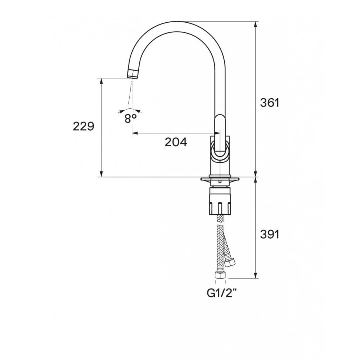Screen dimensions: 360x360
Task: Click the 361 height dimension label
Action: click(x=270, y=103)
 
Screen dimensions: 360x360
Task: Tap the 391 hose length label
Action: click(x=270, y=234)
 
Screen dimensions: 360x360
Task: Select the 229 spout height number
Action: click(x=84, y=126)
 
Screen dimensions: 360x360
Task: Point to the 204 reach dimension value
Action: click(x=176, y=142)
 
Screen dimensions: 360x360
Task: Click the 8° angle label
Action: click(x=130, y=118)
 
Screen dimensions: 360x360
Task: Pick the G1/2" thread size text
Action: click(x=222, y=293)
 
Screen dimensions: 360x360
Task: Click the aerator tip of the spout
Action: click(x=133, y=74)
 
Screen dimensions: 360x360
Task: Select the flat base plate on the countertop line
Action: click(x=220, y=179)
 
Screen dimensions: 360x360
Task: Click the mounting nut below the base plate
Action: click(x=220, y=201)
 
